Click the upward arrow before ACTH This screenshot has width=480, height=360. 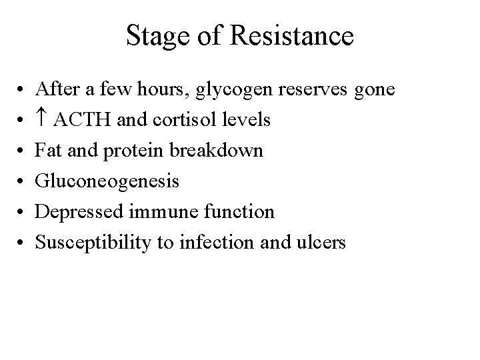coord(42,120)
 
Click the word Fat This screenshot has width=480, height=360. coord(48,151)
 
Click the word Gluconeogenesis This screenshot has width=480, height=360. coord(107,182)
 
